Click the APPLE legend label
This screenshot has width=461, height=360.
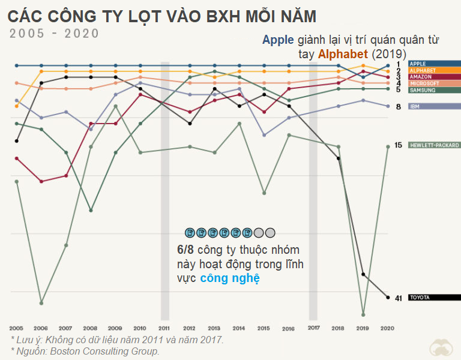point(418,64)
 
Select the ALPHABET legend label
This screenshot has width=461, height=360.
point(423,71)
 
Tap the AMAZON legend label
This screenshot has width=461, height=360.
point(420,77)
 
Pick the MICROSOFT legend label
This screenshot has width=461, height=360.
point(424,83)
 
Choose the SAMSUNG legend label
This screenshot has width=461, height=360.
point(423,90)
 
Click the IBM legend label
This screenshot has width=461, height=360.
point(415,106)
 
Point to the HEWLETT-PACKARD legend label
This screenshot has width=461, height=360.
point(434,145)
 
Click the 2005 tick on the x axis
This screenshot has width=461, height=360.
point(16,328)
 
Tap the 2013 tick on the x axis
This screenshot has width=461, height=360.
point(214,328)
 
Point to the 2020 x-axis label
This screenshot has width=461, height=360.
point(387,328)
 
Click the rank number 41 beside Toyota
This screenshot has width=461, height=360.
point(399,298)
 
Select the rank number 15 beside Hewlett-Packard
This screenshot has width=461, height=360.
point(398,145)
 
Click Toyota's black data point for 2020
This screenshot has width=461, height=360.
point(388,298)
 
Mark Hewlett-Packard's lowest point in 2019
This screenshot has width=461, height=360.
point(363,315)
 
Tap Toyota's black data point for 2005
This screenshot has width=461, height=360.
point(16,141)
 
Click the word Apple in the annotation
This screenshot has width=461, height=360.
point(278,40)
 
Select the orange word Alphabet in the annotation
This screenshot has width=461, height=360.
point(343,54)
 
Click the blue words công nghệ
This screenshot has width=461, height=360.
point(230,278)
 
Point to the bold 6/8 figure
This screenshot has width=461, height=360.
point(185,250)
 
